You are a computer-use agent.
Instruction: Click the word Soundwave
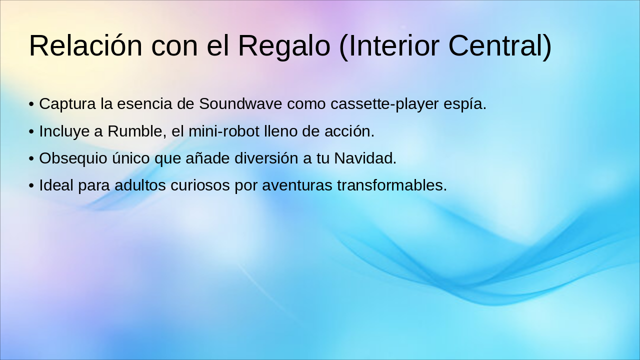click(x=233, y=104)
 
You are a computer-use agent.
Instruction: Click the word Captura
click(x=67, y=104)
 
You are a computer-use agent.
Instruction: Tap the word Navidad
click(x=365, y=158)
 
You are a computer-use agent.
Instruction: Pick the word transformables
click(x=391, y=185)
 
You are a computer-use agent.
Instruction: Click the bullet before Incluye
click(x=31, y=132)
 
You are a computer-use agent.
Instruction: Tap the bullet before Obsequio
click(x=31, y=159)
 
